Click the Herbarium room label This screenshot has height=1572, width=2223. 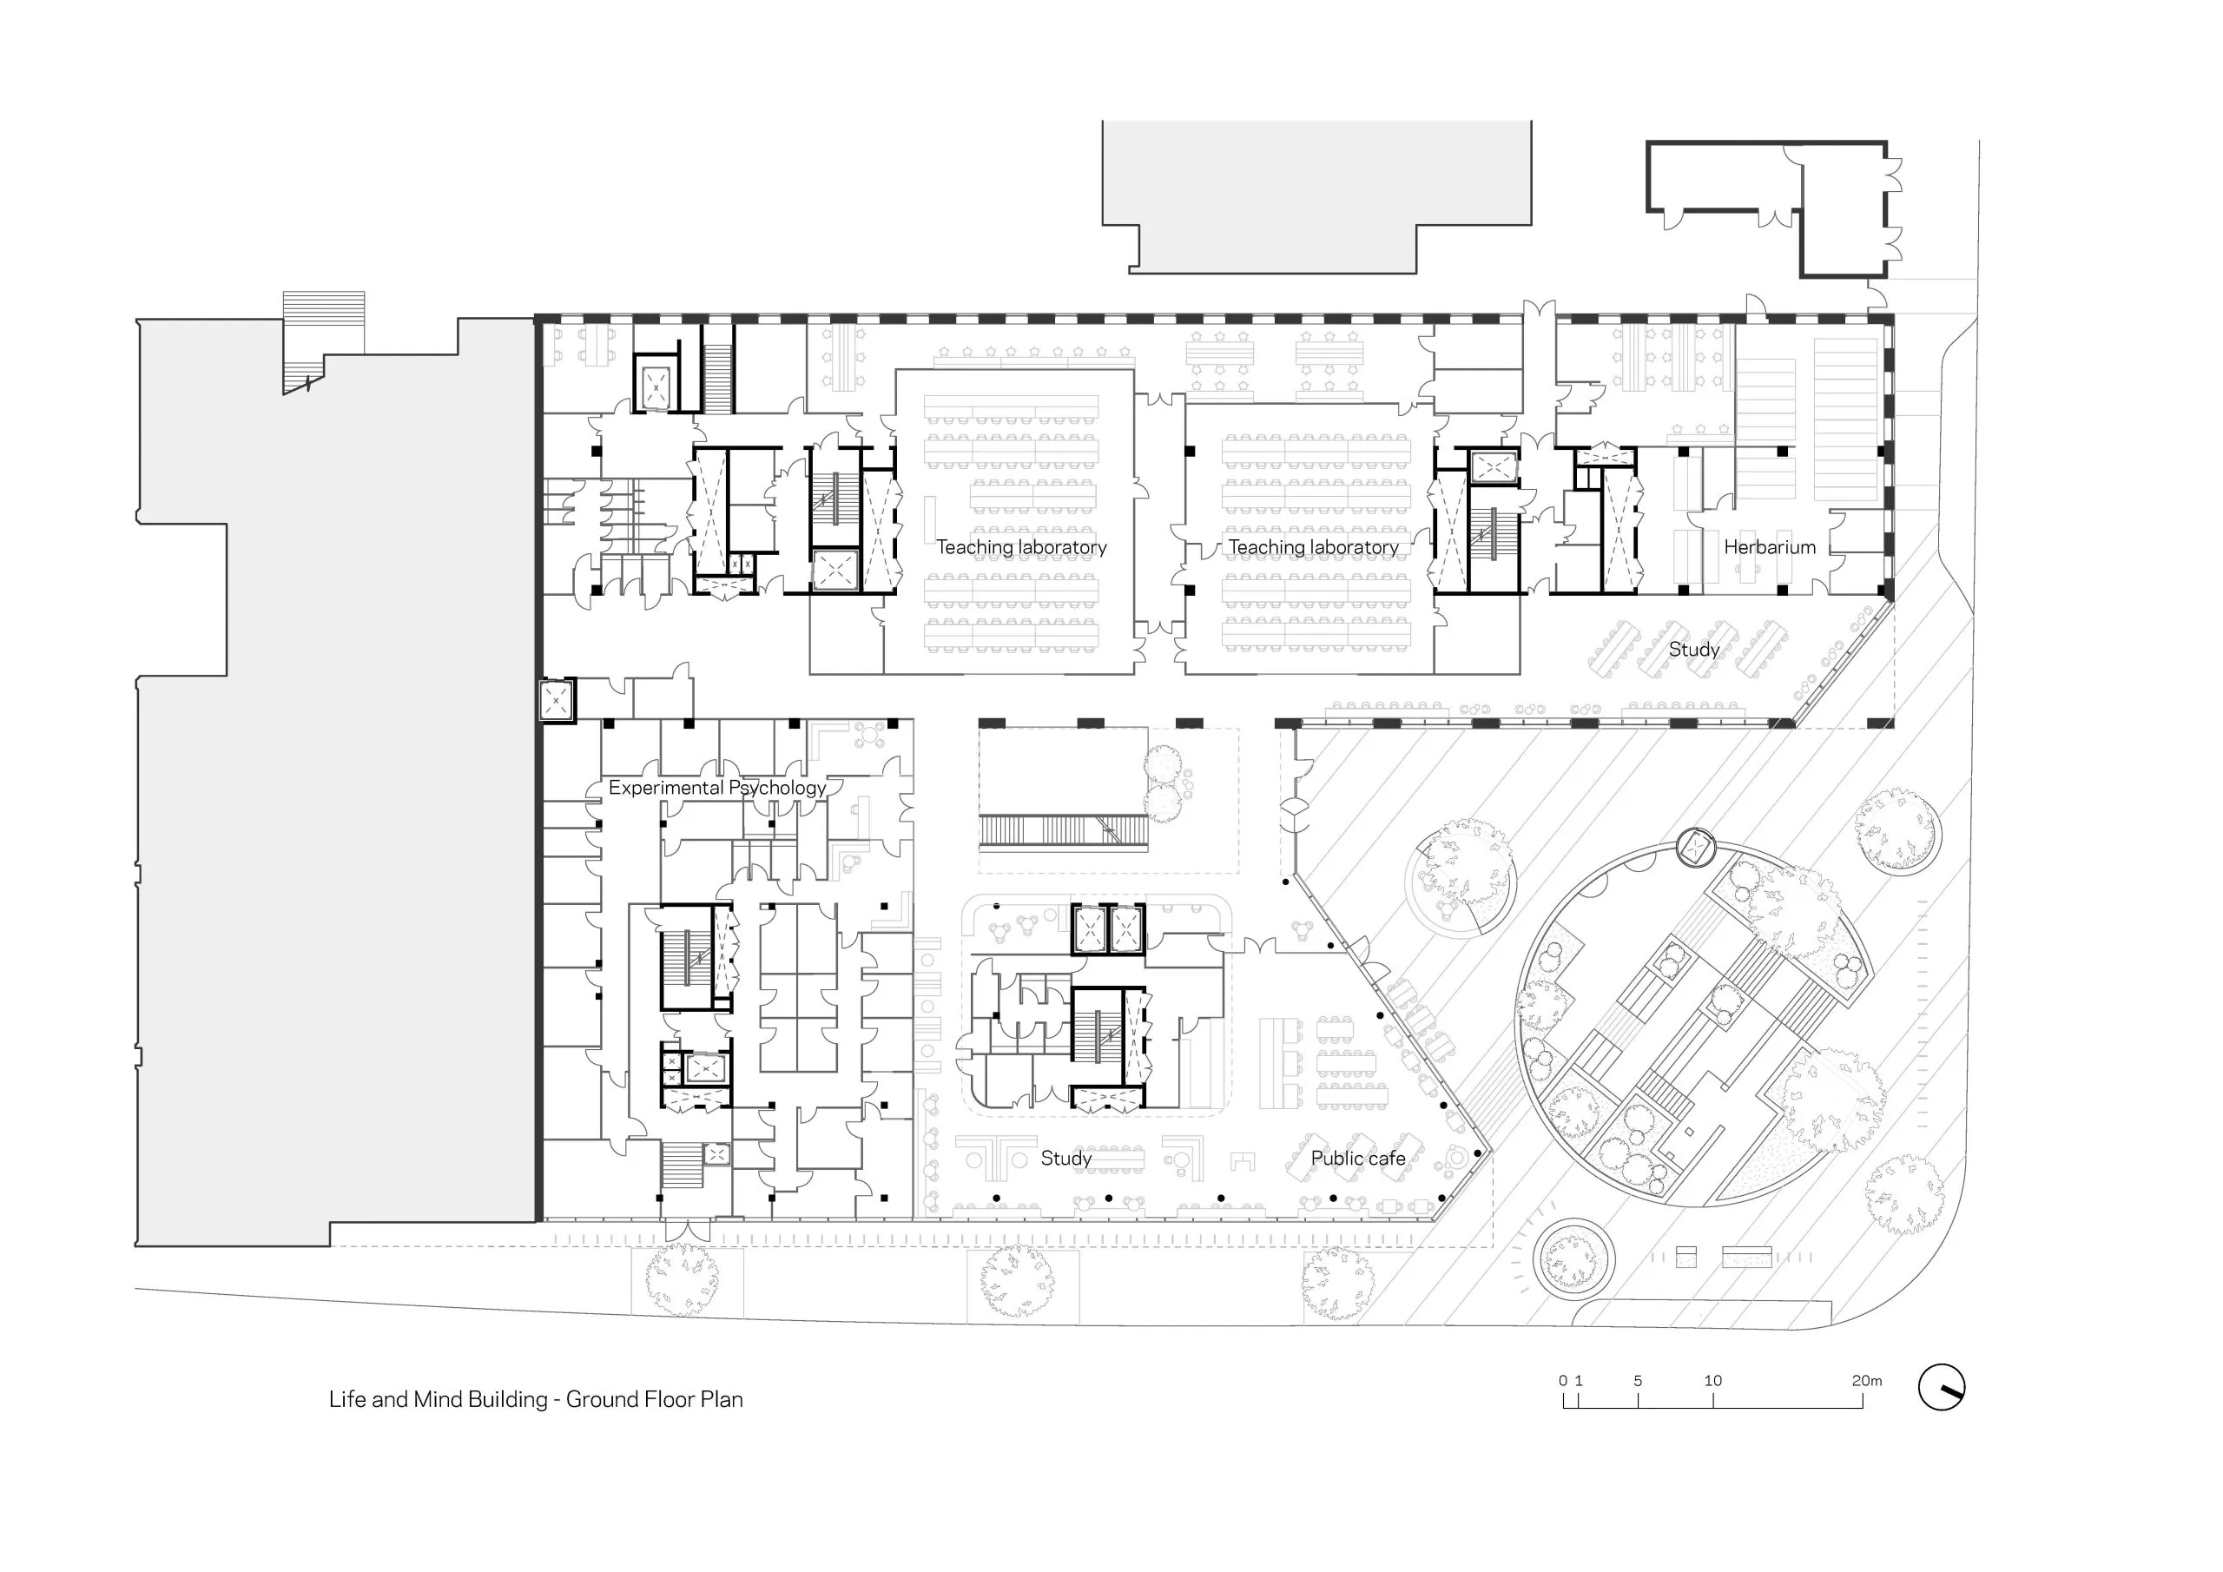pos(1769,547)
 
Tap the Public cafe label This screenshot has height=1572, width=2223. pos(1357,1159)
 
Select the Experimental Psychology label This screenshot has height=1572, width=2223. pos(716,789)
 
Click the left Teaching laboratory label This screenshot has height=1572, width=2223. pos(1021,547)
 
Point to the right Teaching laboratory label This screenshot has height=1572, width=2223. pos(1313,547)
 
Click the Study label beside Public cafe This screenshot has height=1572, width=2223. pos(1066,1159)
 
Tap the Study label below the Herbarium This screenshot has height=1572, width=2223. pos(1693,650)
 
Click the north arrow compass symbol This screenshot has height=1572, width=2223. pos(1942,1387)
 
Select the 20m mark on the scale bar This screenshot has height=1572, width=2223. pos(1867,1381)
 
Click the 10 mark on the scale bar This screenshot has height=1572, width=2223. pos(1712,1381)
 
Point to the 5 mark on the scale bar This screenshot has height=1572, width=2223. pos(1639,1381)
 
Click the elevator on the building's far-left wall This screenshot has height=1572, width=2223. pos(556,699)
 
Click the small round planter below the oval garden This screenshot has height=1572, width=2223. pos(1573,1258)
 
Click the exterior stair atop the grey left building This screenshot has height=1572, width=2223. pos(323,342)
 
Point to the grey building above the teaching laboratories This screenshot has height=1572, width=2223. pos(1316,196)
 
